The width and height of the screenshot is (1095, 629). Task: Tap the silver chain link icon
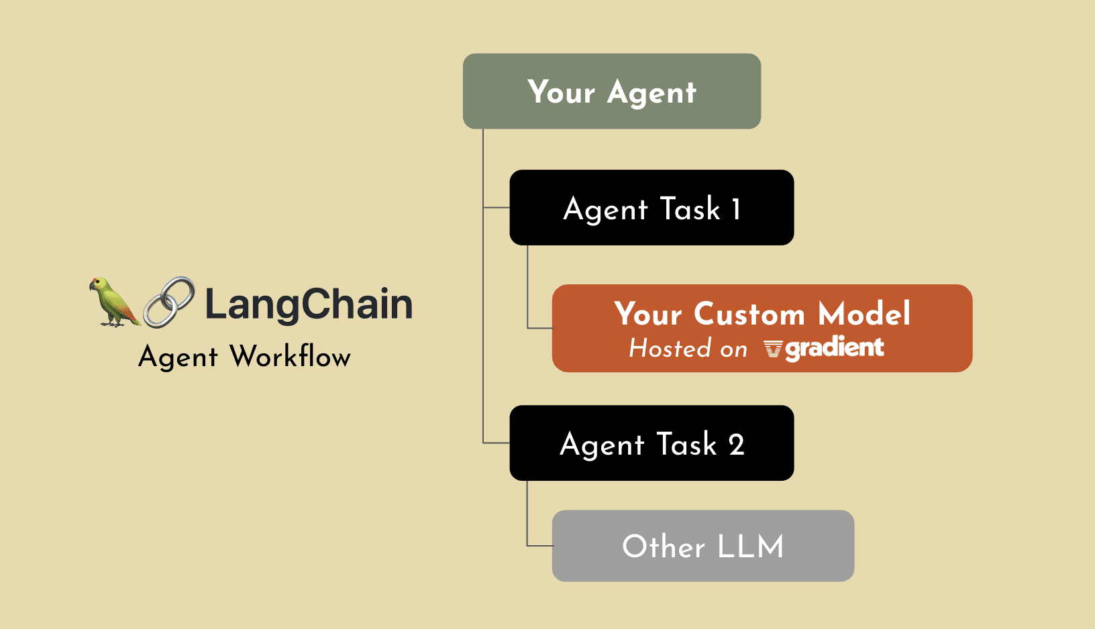[169, 302]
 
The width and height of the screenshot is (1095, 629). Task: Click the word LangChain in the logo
[309, 304]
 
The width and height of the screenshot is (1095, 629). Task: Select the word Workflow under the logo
[291, 356]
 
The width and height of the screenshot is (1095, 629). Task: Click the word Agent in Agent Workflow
[178, 357]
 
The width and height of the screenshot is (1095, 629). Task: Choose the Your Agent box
[611, 91]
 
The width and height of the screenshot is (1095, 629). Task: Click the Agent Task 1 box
[651, 208]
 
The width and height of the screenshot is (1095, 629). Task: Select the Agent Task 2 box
[651, 443]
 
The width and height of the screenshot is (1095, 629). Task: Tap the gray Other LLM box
[703, 546]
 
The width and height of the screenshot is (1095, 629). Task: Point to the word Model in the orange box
[864, 313]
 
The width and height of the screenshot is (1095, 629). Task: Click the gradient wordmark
[835, 349]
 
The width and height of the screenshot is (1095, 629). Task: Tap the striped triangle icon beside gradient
[773, 349]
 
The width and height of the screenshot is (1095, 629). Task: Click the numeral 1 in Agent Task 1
[736, 209]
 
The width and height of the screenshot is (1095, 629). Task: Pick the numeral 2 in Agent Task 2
[736, 445]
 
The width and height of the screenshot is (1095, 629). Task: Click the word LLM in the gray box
[750, 547]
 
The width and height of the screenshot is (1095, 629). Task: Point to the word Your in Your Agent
[561, 92]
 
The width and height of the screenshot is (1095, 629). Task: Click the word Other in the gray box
[664, 546]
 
